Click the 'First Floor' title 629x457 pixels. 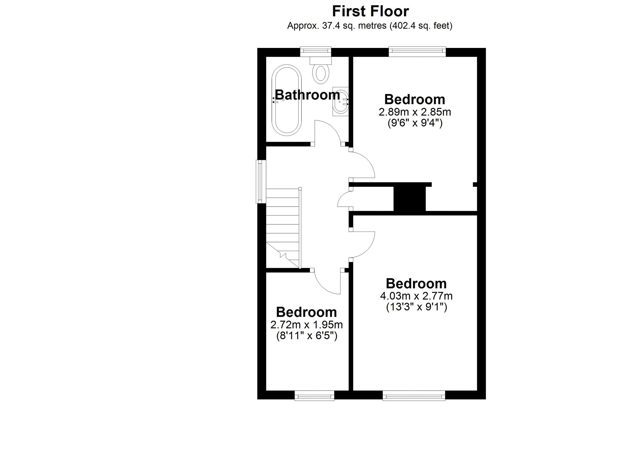coord(370,12)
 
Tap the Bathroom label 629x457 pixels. coord(307,95)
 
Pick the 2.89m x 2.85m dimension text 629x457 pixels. coord(415,112)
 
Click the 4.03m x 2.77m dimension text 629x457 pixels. coord(416,296)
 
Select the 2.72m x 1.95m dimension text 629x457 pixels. coord(306,325)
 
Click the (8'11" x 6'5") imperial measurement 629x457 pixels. coord(307,336)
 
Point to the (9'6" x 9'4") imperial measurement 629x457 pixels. coord(415,123)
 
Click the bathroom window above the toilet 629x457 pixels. coord(316,52)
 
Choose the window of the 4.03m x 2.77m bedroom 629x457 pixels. coord(414,395)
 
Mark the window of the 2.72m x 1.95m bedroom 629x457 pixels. coord(314,395)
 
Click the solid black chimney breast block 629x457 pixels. coord(410,199)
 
